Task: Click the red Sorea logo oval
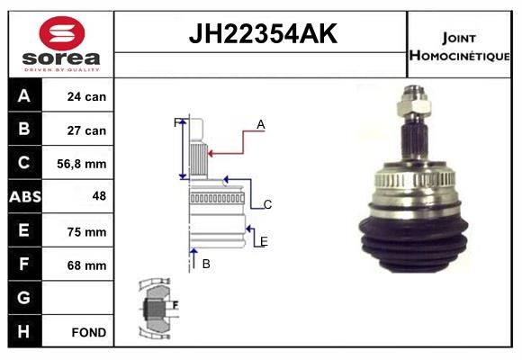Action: [62, 33]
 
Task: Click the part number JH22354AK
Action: [263, 33]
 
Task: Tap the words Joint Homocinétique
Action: [459, 47]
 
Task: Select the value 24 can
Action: [86, 96]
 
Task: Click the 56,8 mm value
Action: [82, 164]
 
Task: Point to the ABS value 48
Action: [99, 196]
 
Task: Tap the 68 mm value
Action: [86, 265]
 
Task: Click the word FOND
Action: [89, 332]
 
